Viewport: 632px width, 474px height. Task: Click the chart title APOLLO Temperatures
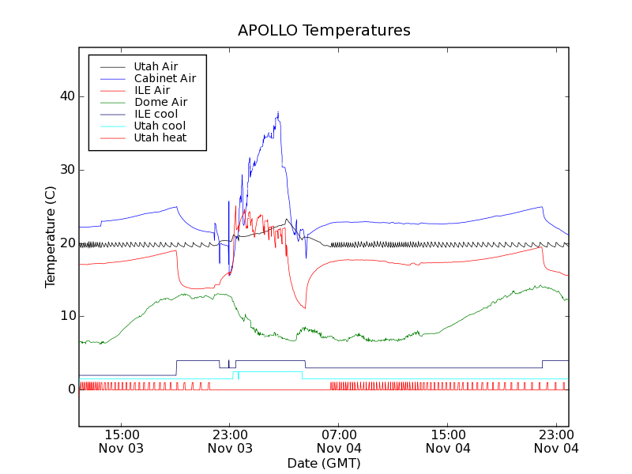(324, 31)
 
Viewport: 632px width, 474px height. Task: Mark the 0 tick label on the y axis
(70, 389)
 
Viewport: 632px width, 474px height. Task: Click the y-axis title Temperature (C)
(51, 237)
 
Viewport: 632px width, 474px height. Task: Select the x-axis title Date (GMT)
(324, 463)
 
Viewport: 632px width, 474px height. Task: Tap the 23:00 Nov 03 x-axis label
(229, 441)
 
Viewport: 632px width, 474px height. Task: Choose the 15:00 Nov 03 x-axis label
(120, 441)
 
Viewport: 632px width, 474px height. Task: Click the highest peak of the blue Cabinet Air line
(278, 113)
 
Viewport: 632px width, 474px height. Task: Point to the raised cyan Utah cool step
(269, 371)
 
